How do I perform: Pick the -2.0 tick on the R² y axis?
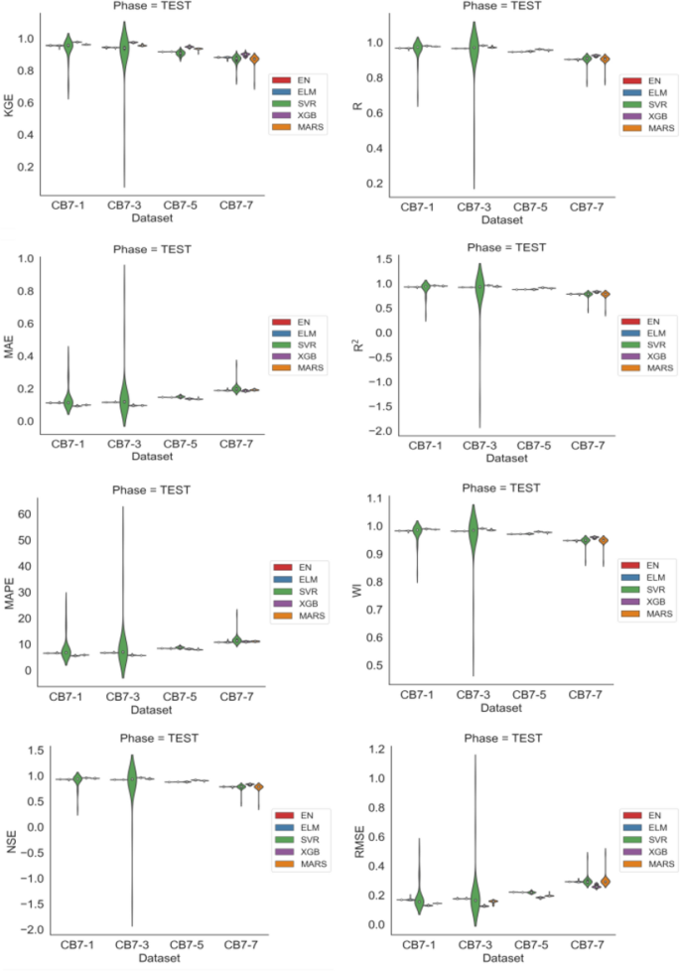(x=376, y=430)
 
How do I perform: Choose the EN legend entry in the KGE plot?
(x=299, y=78)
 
